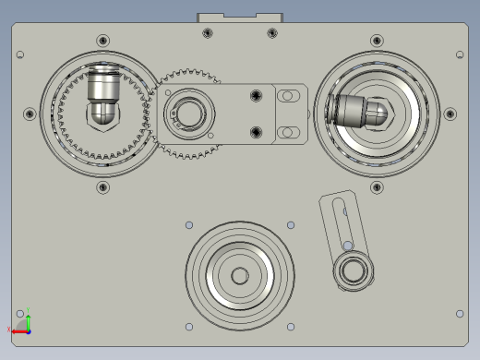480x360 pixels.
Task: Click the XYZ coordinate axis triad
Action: click(22, 321)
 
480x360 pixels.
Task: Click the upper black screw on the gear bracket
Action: click(255, 94)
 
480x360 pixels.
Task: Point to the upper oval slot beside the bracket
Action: click(290, 95)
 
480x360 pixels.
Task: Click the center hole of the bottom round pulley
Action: click(240, 275)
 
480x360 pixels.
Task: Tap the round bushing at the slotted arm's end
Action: click(353, 270)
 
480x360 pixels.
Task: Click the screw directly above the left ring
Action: click(102, 41)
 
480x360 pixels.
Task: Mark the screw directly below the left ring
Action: click(102, 188)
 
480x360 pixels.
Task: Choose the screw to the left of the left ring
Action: click(30, 114)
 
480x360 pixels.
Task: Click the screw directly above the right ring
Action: click(377, 41)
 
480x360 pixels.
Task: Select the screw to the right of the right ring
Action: click(450, 114)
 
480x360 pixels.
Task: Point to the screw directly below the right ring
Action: click(377, 188)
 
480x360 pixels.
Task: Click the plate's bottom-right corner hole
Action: click(460, 314)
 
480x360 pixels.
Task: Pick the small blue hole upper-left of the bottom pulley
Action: click(189, 225)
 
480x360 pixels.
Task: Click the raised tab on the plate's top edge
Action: click(240, 18)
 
